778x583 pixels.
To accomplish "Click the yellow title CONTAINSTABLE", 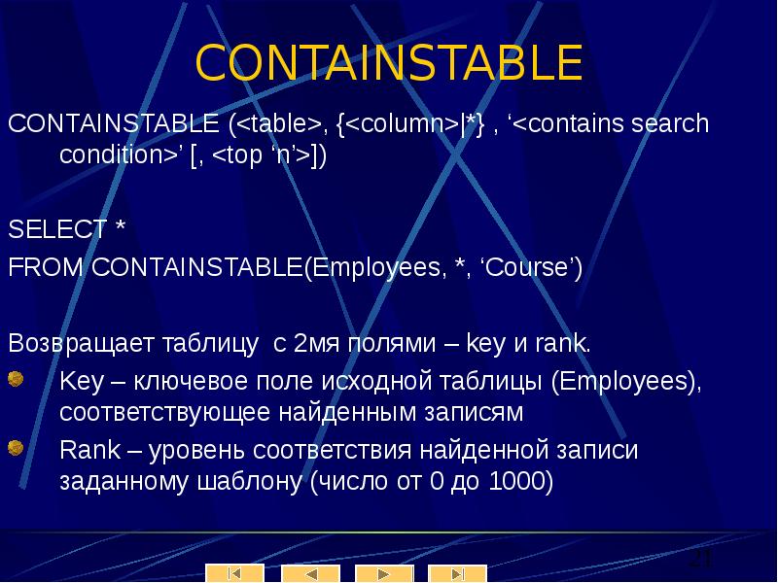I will click(x=389, y=63).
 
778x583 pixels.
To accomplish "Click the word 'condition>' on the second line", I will click(x=118, y=155).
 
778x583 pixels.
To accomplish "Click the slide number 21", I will click(x=700, y=561).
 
